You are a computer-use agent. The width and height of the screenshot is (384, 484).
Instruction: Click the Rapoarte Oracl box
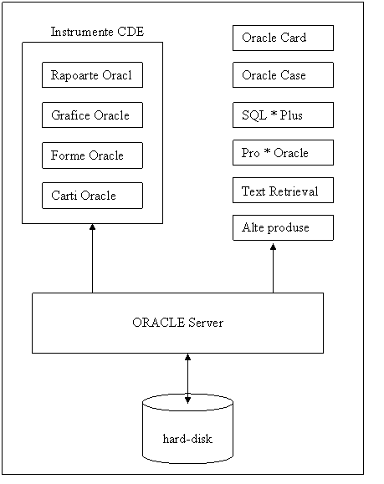(92, 75)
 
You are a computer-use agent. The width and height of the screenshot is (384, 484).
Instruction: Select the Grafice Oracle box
(92, 115)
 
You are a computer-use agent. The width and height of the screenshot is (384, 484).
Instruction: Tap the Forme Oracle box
(92, 155)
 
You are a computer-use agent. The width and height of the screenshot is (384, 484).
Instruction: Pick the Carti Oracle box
(92, 196)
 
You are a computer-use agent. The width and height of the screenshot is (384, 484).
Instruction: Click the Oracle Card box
(283, 38)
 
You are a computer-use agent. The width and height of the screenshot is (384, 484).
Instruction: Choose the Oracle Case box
(283, 75)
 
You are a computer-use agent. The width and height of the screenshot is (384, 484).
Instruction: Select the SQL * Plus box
(283, 115)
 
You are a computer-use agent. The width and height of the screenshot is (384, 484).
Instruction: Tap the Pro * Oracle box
(283, 153)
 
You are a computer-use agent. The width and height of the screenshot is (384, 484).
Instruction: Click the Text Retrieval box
(283, 191)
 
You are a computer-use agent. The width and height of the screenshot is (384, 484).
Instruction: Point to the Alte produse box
(283, 228)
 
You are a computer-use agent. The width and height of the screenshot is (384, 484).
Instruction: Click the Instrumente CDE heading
(97, 32)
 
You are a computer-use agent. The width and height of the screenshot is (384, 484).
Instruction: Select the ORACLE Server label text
(177, 323)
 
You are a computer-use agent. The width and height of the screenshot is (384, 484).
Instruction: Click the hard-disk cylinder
(187, 429)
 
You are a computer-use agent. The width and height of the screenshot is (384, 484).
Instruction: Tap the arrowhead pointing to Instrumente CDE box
(92, 227)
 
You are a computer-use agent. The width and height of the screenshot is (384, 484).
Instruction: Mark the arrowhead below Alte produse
(273, 247)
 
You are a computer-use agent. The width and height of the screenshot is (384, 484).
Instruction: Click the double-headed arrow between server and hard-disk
(187, 379)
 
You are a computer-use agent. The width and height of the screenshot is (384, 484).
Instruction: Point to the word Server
(206, 323)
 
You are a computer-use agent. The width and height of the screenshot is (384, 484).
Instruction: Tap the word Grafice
(71, 115)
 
